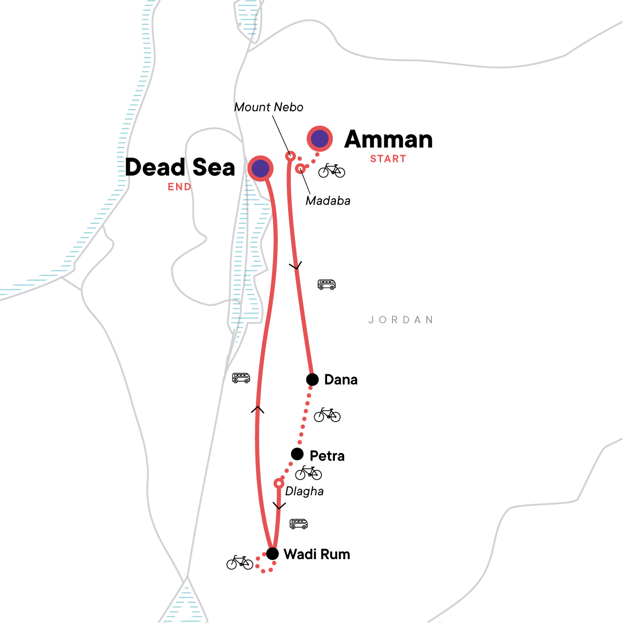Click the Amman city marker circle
320,139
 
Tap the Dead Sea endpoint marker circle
261,168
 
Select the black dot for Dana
312,380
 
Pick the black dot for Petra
297,454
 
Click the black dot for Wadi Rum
272,553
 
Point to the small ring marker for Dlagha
279,484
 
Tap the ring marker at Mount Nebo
291,156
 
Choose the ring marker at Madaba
300,168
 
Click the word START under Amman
388,159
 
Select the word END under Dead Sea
179,187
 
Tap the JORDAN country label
401,320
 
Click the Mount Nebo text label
268,107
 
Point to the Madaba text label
328,201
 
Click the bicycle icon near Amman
332,170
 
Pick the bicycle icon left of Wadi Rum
240,562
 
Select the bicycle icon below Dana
327,415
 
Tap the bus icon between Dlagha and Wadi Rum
299,524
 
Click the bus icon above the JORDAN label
327,285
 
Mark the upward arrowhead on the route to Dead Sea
258,410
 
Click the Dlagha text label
304,491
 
